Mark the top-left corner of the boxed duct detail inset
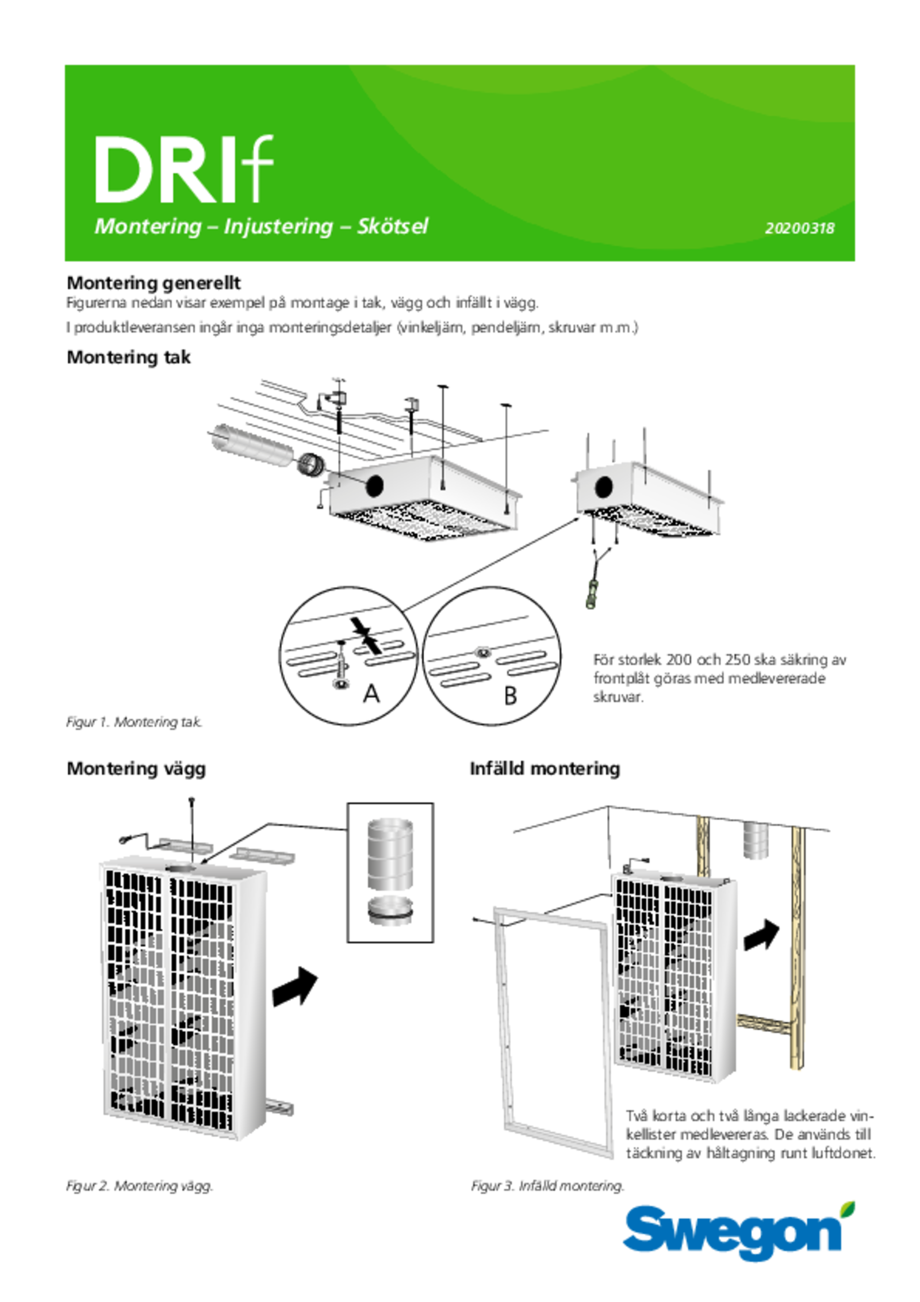tap(347, 803)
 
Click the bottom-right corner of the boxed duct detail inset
tap(434, 943)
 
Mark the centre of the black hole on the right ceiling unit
tap(604, 487)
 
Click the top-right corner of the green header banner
tap(854, 66)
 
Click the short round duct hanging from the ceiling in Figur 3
tap(756, 841)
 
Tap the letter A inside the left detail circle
tap(371, 694)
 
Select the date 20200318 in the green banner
tap(799, 228)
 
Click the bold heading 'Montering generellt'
tap(154, 283)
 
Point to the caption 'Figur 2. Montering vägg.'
tap(140, 1186)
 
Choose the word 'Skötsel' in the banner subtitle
tap(393, 226)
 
